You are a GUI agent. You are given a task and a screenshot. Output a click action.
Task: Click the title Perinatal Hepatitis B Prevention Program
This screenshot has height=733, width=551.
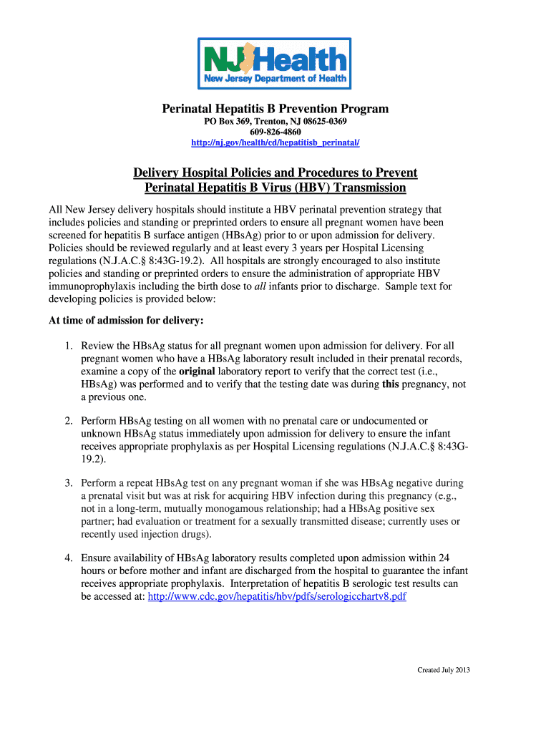(x=275, y=109)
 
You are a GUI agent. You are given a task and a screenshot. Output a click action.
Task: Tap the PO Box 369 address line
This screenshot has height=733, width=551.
(x=275, y=122)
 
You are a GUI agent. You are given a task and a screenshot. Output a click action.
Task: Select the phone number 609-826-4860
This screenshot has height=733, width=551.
(x=275, y=132)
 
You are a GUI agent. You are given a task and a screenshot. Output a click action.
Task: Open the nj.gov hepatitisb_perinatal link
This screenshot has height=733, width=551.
(x=275, y=143)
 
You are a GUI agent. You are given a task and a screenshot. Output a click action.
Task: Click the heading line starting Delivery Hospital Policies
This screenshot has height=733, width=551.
(x=275, y=173)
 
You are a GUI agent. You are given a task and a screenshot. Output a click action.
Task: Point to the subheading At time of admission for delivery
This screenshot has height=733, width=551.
(x=126, y=319)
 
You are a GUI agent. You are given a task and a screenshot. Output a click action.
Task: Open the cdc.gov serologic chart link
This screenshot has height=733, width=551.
(x=276, y=596)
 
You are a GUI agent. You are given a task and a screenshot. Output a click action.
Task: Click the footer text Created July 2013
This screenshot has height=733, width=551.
(x=444, y=670)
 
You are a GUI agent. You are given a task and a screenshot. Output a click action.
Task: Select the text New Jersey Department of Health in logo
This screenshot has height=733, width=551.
(x=275, y=78)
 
